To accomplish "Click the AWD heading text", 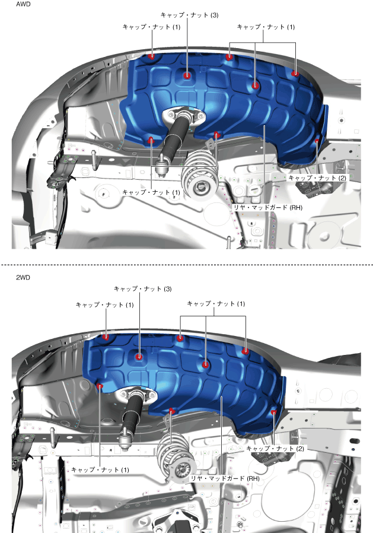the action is (x=23, y=4).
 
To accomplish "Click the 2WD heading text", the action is (x=23, y=277).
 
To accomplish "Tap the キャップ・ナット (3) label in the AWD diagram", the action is (x=189, y=15).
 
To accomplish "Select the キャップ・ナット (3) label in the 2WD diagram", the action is (x=143, y=289).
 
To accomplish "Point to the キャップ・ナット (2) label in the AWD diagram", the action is (x=317, y=178).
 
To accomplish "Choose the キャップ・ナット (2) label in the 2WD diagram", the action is (x=275, y=448).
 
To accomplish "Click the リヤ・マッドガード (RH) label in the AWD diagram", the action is (x=267, y=207).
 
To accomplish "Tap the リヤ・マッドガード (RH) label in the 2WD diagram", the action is (x=225, y=478).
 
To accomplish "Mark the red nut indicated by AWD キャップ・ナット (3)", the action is (x=187, y=75).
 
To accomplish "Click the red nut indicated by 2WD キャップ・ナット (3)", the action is (x=139, y=357).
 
